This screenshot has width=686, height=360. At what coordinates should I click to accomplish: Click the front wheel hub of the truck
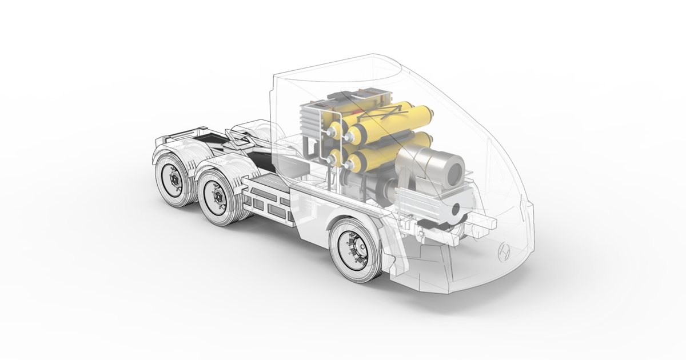[355, 247]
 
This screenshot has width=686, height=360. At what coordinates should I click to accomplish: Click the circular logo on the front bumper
[504, 250]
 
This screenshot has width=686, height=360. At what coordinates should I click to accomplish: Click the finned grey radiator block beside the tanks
[311, 126]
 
